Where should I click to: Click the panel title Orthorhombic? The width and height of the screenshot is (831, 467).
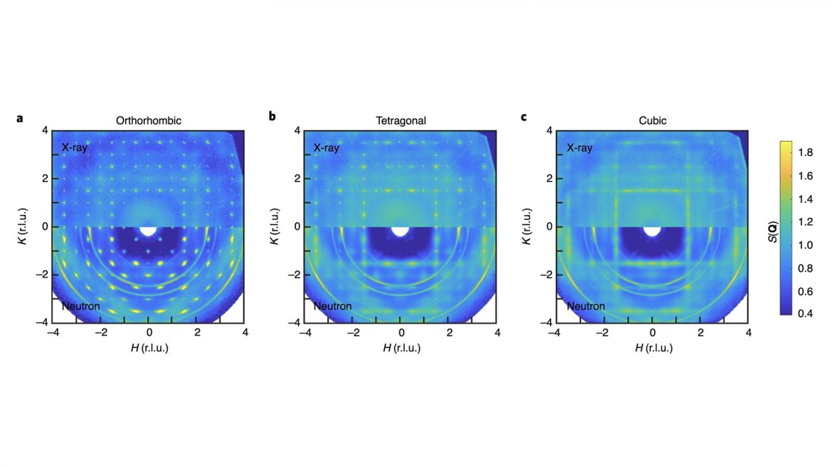[149, 121]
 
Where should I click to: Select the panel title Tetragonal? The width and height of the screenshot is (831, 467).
[400, 121]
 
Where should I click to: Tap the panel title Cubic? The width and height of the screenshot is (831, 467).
[652, 121]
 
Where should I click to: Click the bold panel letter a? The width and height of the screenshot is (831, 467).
[20, 118]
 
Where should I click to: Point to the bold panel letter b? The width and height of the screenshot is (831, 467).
[272, 117]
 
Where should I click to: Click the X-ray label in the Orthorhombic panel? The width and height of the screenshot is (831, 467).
[74, 148]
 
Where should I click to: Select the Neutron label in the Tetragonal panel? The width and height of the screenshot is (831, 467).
[332, 306]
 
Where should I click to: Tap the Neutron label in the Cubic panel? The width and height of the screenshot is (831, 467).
[585, 306]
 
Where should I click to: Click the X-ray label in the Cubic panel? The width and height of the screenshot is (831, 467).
[579, 148]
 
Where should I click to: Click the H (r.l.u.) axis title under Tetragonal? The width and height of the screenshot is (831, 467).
[400, 348]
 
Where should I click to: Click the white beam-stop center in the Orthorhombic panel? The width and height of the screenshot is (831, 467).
[148, 230]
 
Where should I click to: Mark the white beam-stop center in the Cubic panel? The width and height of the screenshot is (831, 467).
[652, 230]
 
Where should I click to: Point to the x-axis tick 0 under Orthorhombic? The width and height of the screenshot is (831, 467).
[149, 333]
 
